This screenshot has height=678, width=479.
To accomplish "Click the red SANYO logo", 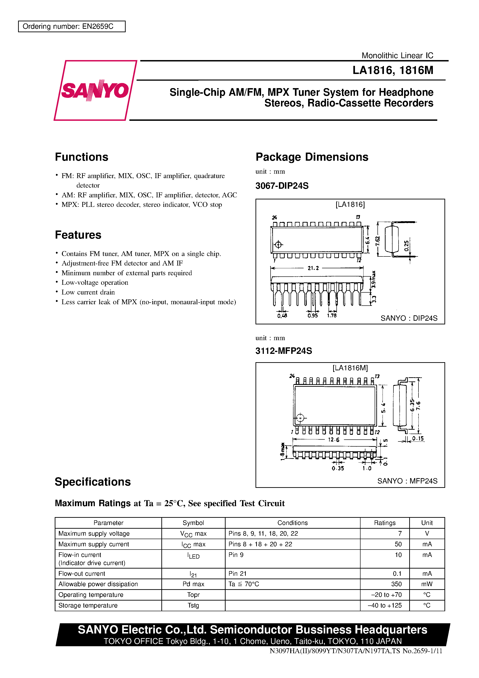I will click(x=95, y=90).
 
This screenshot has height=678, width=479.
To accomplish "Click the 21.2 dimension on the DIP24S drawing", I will click(x=313, y=268).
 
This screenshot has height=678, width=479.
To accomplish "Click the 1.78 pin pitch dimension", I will click(x=332, y=316).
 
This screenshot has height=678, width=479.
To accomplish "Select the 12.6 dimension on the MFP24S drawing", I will click(x=334, y=440).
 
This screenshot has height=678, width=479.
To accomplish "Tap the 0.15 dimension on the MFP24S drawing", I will click(x=418, y=439).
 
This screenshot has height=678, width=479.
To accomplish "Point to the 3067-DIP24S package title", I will click(x=282, y=186).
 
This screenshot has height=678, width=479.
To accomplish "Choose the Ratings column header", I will click(x=384, y=523).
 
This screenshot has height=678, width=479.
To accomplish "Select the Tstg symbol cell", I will click(x=193, y=605).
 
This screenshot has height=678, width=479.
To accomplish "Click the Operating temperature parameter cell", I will click(x=91, y=595).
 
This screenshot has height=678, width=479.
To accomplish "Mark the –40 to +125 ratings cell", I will click(x=384, y=605).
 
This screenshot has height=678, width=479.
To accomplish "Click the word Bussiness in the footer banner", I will click(x=323, y=630).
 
